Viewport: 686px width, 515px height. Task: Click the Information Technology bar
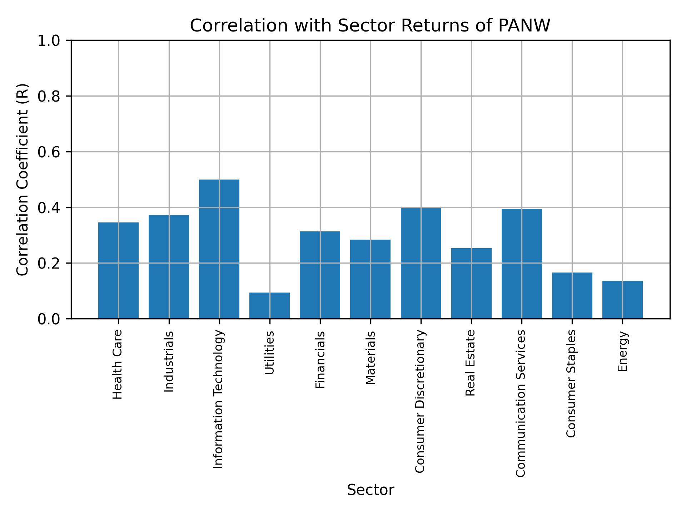pyautogui.click(x=219, y=249)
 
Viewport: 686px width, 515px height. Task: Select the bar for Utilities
pyautogui.click(x=269, y=305)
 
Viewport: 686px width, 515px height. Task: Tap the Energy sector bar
pyautogui.click(x=622, y=300)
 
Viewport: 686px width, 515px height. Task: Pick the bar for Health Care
pyautogui.click(x=118, y=270)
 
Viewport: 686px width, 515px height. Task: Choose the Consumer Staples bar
pyautogui.click(x=572, y=295)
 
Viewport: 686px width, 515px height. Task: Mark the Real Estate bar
pyautogui.click(x=471, y=283)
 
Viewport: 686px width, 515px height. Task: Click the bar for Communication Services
pyautogui.click(x=522, y=264)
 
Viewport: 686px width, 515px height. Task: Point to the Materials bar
pyautogui.click(x=370, y=279)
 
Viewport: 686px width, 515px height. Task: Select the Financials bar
pyautogui.click(x=320, y=275)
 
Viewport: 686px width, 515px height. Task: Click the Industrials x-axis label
pyautogui.click(x=169, y=362)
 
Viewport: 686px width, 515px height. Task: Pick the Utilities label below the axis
pyautogui.click(x=269, y=353)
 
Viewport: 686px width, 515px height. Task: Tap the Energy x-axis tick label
pyautogui.click(x=622, y=351)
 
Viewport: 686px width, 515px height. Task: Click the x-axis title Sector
pyautogui.click(x=371, y=490)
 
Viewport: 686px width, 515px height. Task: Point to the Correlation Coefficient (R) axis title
pyautogui.click(x=23, y=180)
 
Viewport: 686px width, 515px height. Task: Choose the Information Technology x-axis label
pyautogui.click(x=219, y=399)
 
